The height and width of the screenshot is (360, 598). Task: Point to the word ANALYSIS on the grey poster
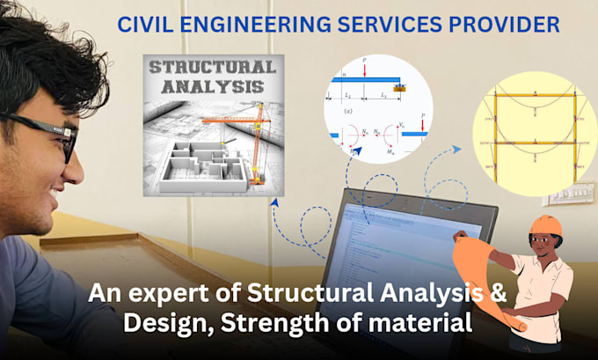point(208,87)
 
